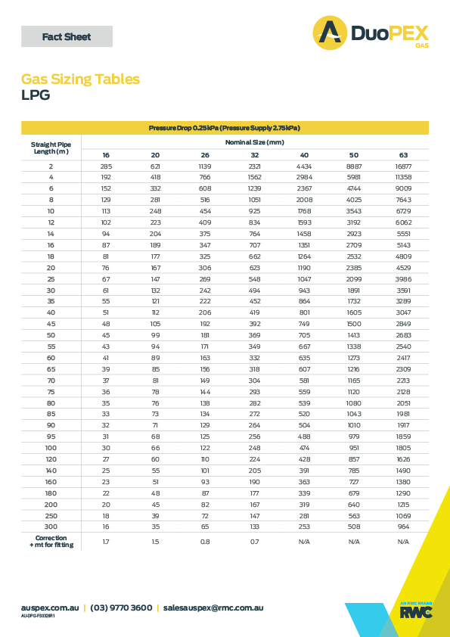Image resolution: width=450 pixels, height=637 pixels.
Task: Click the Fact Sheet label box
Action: coord(67,36)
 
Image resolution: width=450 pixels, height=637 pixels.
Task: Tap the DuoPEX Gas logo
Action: coord(371,34)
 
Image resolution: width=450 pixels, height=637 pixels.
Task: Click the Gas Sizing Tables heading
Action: coord(80,79)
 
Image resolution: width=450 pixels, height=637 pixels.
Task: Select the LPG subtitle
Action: coord(36,95)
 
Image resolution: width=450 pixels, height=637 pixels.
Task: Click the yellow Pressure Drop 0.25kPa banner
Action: coord(225,128)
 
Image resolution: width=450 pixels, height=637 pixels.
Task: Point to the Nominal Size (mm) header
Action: coord(254,142)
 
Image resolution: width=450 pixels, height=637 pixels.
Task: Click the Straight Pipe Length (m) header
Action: coord(51,148)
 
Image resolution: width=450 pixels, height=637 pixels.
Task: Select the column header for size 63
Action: coord(403,155)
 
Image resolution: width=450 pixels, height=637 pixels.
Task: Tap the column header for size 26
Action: coord(205,155)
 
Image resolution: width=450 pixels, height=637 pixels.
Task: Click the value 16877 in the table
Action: coord(403,166)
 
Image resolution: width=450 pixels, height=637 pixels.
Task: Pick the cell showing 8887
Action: coord(354,166)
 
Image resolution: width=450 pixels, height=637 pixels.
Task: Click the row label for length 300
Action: coord(51,526)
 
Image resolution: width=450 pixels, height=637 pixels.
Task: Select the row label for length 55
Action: coord(51,346)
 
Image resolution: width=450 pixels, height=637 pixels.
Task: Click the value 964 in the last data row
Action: coord(403,526)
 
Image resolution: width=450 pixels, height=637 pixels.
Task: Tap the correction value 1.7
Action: coord(106,542)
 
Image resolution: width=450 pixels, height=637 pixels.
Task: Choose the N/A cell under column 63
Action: coord(403,542)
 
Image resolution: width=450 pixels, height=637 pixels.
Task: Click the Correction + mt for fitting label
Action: coord(51,542)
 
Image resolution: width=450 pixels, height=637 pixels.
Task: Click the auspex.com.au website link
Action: coord(50,607)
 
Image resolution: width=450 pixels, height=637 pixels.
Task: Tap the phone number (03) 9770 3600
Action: coord(121,607)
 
